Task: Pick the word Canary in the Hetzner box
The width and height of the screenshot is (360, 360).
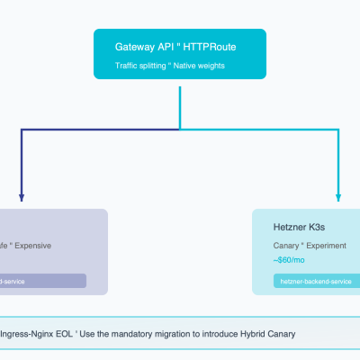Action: tap(287, 245)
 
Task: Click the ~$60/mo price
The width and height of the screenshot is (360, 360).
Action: tap(289, 259)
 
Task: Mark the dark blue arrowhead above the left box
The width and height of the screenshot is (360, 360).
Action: tap(22, 196)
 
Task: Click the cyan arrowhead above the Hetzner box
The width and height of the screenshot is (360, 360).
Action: tap(338, 196)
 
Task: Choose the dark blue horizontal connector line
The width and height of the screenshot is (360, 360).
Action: tap(90, 130)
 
